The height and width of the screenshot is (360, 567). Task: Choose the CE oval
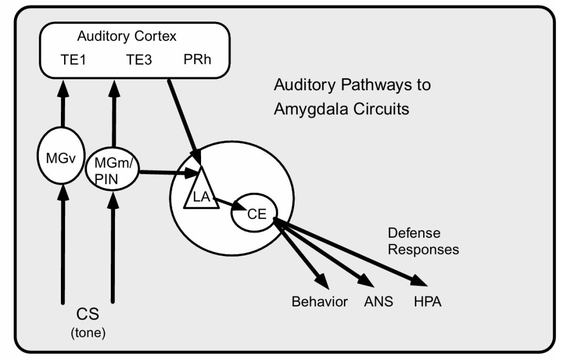coord(254,213)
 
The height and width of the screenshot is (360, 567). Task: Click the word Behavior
coord(320,302)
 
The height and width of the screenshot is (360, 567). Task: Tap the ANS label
coord(378,302)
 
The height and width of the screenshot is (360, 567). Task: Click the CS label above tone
coord(88,316)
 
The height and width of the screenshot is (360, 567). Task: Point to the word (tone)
coord(88,333)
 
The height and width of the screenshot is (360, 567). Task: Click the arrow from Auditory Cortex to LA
coord(183,119)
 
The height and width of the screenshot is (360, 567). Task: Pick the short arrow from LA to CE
coord(228,203)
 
